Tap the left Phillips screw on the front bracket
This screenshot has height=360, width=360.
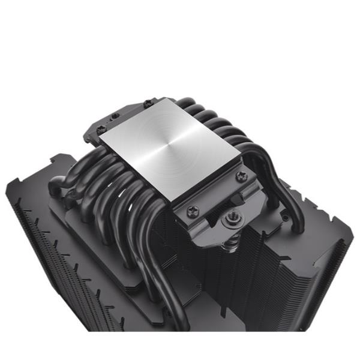pyautogui.click(x=191, y=209)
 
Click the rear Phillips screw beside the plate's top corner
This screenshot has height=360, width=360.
pyautogui.click(x=148, y=104)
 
